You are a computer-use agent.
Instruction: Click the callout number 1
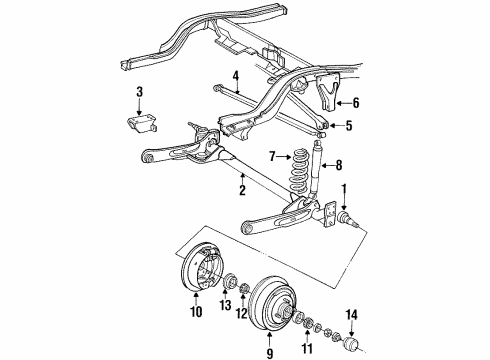point(347,190)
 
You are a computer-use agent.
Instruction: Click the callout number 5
point(348,126)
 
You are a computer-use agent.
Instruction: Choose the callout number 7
point(271,156)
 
